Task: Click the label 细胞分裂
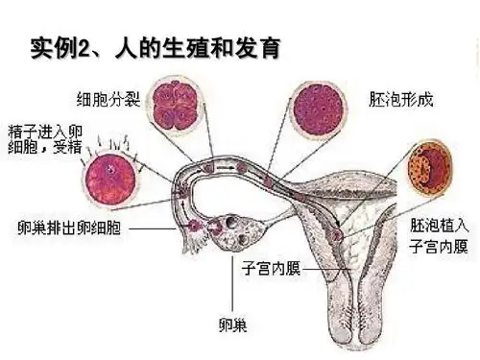[107, 97]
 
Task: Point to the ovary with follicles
[230, 230]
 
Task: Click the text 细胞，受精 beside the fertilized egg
[37, 146]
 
